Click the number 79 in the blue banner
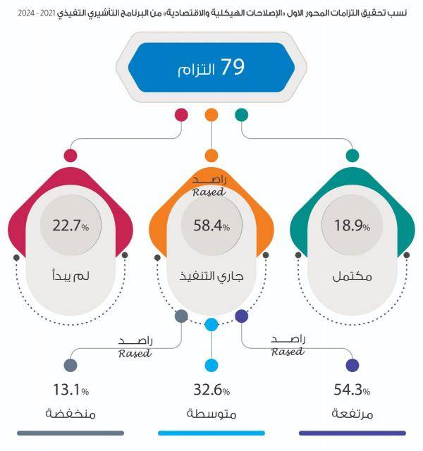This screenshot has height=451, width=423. (233, 68)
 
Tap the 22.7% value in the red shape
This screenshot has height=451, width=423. (70, 226)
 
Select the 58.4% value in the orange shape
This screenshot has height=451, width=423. (211, 226)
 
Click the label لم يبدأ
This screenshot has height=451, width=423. (70, 276)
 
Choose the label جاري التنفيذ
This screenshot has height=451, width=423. (211, 276)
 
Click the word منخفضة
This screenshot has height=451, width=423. (70, 413)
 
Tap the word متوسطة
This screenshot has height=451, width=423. (211, 413)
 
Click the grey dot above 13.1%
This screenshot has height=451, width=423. (70, 365)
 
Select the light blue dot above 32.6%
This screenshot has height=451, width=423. (211, 365)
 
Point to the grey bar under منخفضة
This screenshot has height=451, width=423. (70, 433)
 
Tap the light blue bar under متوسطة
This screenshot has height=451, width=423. (211, 433)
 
